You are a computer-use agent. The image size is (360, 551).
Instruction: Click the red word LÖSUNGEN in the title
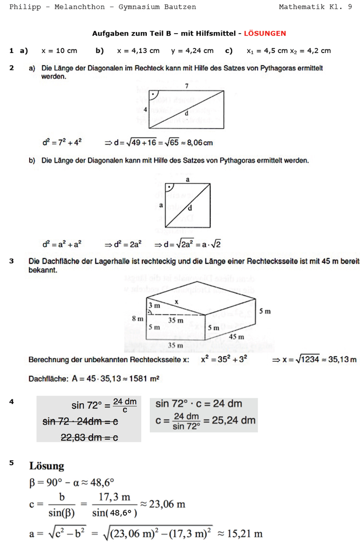pos(265,34)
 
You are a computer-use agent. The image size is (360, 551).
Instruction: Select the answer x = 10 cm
pos(59,51)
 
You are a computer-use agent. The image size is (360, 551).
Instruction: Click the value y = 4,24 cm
pos(192,51)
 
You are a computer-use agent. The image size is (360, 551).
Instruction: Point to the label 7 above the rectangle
pos(187,86)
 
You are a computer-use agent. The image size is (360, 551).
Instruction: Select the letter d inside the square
pos(190,208)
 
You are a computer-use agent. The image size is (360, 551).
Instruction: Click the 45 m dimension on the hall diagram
pos(236,337)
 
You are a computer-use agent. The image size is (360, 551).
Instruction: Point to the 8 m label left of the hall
pos(138,318)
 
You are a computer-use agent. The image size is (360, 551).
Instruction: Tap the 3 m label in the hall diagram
pos(155,305)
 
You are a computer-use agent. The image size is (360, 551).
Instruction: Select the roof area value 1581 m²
pos(148,378)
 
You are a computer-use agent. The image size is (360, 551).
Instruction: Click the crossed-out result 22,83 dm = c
pos(89,437)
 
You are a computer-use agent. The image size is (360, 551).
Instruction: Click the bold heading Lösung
pos(47,466)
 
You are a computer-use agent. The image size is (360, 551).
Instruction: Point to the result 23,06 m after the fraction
pos(167,504)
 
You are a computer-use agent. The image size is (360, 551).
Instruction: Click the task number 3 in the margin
pos(11,261)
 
